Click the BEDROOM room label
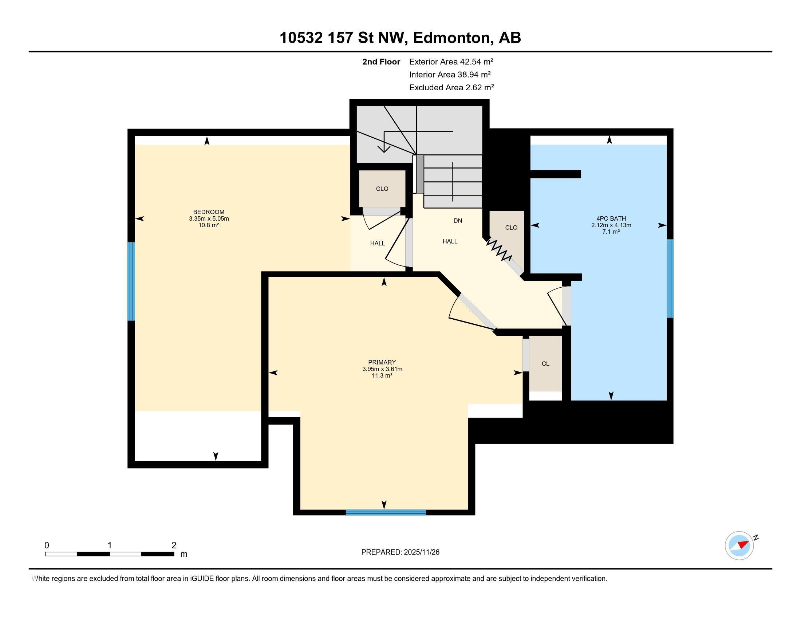(208, 212)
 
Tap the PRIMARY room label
(382, 362)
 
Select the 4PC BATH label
(611, 218)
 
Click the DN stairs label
(457, 221)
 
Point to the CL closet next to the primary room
(545, 364)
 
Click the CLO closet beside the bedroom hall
(382, 189)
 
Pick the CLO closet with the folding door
(511, 228)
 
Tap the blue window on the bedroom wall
(131, 281)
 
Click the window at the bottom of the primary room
(386, 512)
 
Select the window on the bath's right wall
(670, 278)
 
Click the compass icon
(739, 546)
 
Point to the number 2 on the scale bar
(174, 545)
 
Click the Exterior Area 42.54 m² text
(451, 62)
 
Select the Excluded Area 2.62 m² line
(451, 88)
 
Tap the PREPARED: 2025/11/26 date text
(400, 552)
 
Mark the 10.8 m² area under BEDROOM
(208, 225)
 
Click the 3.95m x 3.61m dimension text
(382, 369)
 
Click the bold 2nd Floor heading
(381, 62)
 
